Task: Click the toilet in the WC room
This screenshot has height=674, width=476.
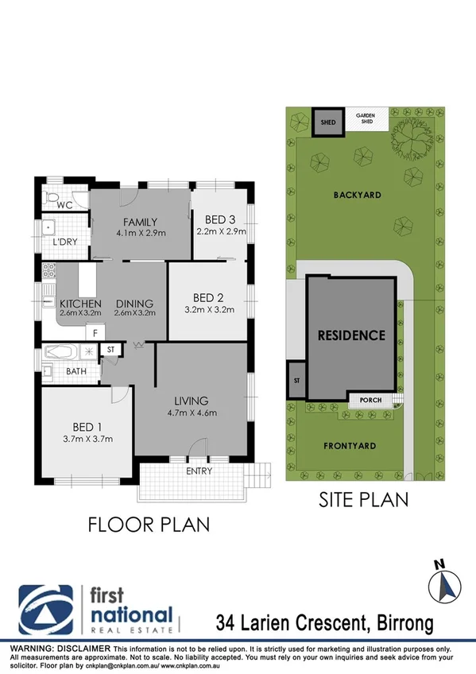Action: [x=53, y=197]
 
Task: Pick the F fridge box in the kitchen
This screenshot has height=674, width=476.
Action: [x=95, y=333]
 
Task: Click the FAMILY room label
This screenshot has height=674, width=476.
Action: [x=140, y=222]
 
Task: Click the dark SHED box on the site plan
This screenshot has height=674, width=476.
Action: [x=327, y=122]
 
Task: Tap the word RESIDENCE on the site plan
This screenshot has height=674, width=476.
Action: [x=351, y=335]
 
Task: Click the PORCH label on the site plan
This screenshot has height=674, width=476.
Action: [x=371, y=400]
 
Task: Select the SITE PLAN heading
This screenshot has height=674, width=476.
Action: [x=363, y=500]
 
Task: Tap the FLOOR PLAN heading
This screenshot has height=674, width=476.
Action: [x=149, y=525]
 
